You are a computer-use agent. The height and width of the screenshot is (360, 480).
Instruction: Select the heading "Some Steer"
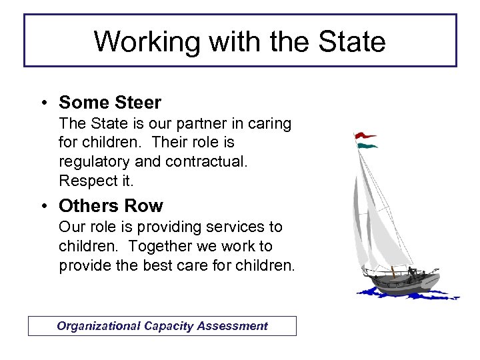coord(110,103)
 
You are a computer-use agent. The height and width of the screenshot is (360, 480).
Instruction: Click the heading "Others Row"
coord(111,205)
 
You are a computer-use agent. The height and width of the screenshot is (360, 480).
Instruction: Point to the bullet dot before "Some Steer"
coord(42,103)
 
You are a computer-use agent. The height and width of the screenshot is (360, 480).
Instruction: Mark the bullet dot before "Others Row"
coord(42,206)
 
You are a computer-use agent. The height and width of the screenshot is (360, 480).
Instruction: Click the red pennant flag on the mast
coord(364,135)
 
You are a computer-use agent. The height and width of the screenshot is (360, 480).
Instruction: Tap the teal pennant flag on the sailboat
coord(367,145)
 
